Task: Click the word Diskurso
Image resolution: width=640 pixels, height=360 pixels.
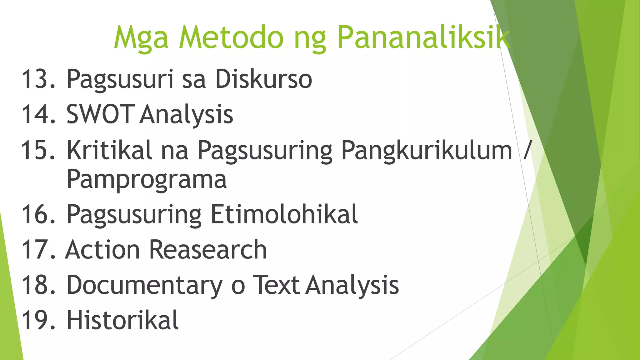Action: click(x=263, y=79)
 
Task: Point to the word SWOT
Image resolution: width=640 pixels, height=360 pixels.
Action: click(x=100, y=114)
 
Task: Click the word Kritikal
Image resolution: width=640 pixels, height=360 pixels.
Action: click(x=109, y=150)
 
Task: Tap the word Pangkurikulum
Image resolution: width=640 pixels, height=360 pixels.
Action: click(x=427, y=150)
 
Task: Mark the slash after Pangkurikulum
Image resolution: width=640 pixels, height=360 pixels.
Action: click(x=527, y=150)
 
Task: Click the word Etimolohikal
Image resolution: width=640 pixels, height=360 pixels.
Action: click(x=284, y=214)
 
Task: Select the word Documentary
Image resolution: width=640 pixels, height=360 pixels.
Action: click(x=144, y=285)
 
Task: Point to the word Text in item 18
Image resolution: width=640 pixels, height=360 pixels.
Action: click(x=276, y=285)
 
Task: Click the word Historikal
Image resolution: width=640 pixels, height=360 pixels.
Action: click(x=122, y=320)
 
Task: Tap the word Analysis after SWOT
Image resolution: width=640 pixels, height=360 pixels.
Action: click(x=186, y=114)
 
